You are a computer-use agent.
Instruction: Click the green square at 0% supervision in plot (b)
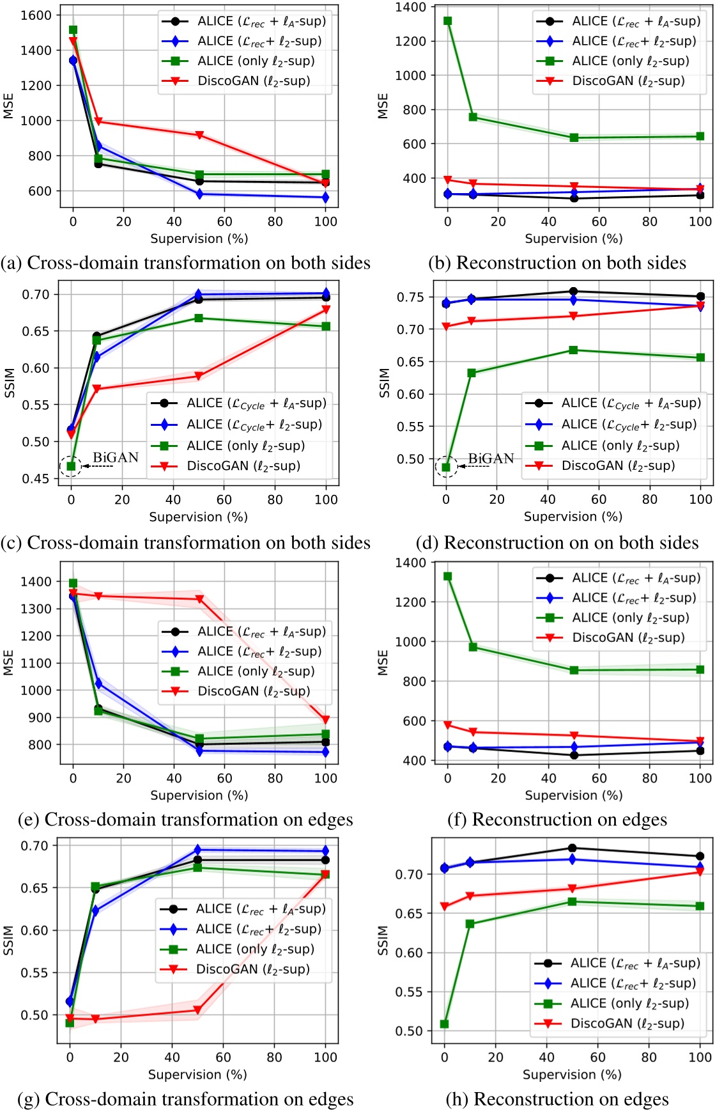448,21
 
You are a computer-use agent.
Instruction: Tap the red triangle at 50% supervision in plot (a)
199,136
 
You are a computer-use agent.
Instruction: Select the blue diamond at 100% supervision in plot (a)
326,198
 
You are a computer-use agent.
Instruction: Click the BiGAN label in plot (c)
116,457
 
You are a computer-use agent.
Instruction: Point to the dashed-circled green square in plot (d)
446,467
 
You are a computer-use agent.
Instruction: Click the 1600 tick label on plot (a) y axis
36,15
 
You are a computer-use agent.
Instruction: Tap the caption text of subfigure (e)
186,820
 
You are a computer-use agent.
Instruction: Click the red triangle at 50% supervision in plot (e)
199,600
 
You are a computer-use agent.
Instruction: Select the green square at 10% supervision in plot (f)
473,647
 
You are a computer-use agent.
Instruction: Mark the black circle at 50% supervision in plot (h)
573,848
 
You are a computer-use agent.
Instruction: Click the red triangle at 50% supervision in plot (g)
197,1010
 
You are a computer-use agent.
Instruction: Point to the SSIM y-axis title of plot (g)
8,940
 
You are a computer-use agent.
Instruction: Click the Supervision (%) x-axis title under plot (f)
573,795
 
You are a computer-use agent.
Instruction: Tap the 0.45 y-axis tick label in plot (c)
35,479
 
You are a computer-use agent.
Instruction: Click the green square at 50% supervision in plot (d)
573,350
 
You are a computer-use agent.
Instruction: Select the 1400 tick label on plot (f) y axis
411,563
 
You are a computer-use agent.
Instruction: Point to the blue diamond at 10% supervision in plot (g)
95,911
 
